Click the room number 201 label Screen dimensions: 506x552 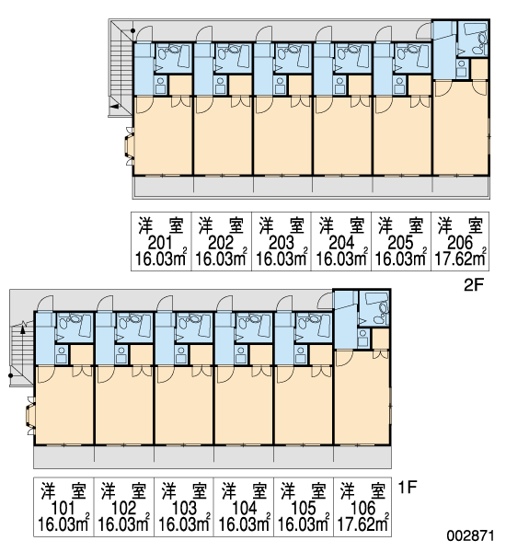tap(160, 243)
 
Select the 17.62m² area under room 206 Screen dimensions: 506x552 tap(460, 258)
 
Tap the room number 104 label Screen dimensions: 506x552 tap(244, 508)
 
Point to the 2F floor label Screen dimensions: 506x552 tap(474, 285)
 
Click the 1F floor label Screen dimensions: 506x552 tap(408, 488)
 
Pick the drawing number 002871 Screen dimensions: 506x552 tap(470, 535)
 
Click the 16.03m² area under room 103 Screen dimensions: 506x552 tap(184, 523)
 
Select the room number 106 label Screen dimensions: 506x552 tap(363, 508)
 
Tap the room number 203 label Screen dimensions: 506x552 tap(281, 243)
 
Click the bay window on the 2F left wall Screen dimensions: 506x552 tap(129, 146)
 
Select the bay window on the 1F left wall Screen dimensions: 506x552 tap(30, 416)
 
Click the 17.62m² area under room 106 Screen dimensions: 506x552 tap(362, 523)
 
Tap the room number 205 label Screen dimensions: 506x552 tap(400, 243)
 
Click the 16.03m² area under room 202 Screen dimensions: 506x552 tap(221, 258)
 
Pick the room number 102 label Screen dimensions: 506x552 tap(123, 508)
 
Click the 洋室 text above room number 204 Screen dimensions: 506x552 tap(341, 225)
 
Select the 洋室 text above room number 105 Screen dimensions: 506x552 tap(304, 491)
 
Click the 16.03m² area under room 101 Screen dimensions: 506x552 tap(63, 523)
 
